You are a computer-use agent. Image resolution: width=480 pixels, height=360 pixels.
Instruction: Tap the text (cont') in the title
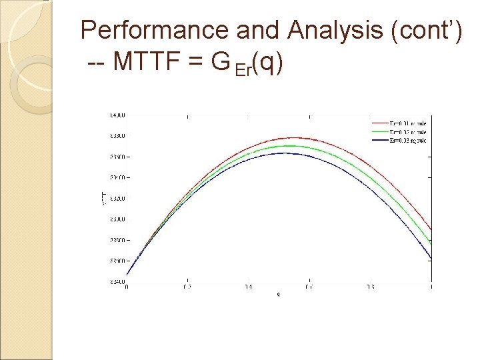coord(427,31)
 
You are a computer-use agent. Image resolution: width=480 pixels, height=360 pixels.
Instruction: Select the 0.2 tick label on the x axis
coord(187,287)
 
